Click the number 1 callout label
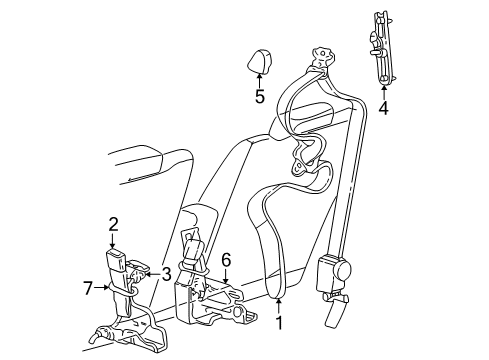[x=280, y=322]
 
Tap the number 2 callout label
[x=113, y=225]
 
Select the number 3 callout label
[x=167, y=272]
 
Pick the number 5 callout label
[x=258, y=97]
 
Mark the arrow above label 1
[x=280, y=304]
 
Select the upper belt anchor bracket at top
[x=321, y=59]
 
